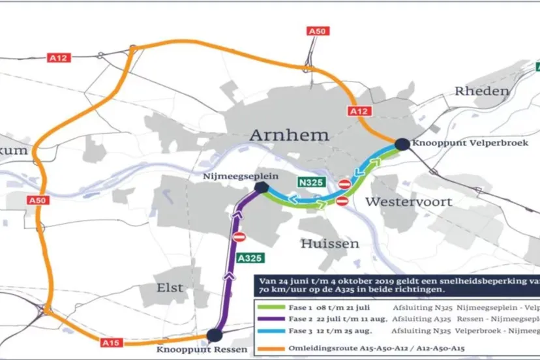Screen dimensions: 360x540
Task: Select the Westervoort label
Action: click(x=408, y=202)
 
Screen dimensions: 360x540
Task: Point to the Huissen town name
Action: click(x=329, y=243)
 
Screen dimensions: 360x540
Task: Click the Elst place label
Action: click(x=170, y=287)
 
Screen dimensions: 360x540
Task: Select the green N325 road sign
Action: click(x=310, y=182)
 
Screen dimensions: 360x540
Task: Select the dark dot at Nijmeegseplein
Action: click(x=261, y=187)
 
